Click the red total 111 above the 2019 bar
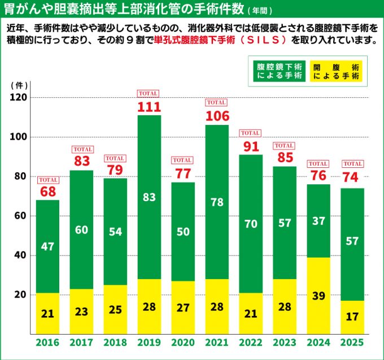tap(149, 107)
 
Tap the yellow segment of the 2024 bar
tap(318, 296)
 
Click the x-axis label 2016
tap(47, 342)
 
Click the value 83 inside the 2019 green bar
tap(149, 197)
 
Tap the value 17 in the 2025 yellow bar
tap(352, 316)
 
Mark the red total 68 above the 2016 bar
tap(47, 192)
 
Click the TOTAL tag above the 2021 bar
tap(217, 102)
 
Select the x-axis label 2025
tap(352, 342)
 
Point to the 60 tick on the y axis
tap(21, 216)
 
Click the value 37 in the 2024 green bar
tap(318, 221)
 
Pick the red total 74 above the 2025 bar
tap(352, 177)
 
